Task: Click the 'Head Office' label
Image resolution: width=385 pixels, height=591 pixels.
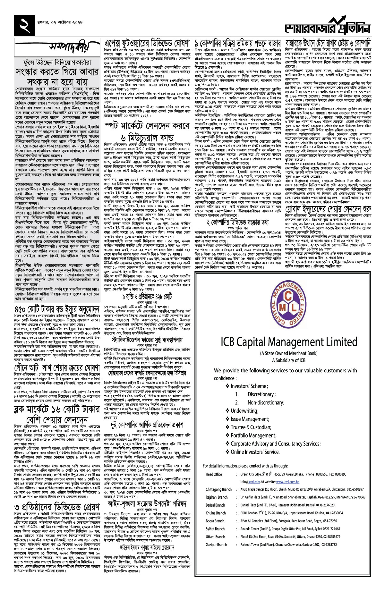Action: click(x=214, y=474)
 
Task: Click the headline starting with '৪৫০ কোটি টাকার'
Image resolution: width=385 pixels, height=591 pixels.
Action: click(x=57, y=310)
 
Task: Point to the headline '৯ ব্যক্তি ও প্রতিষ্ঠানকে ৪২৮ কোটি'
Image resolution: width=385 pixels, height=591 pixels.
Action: click(x=147, y=296)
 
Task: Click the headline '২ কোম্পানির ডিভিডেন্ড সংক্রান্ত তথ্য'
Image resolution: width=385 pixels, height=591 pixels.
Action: click(x=237, y=222)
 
